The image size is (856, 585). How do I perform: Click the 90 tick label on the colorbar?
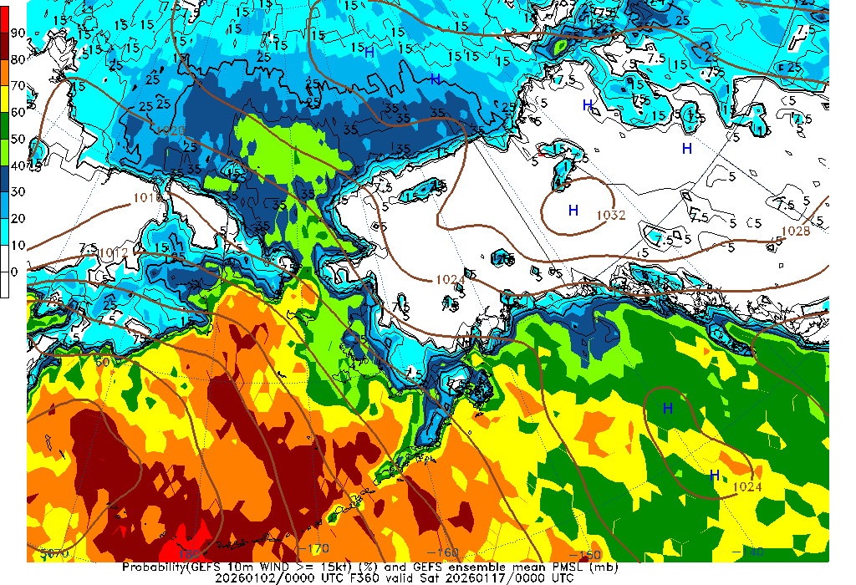18,33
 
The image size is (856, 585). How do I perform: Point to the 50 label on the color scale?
18,139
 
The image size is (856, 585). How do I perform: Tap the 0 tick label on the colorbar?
13,272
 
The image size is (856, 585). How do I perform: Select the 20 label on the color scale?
18,218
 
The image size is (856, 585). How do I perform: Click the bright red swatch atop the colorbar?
5,19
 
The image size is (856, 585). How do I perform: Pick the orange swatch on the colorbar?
5,72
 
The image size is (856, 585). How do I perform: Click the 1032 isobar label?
611,215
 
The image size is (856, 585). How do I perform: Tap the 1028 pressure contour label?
795,231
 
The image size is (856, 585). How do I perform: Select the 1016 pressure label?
147,198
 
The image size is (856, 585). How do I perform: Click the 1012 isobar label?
114,252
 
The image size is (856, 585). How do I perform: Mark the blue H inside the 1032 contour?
573,211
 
